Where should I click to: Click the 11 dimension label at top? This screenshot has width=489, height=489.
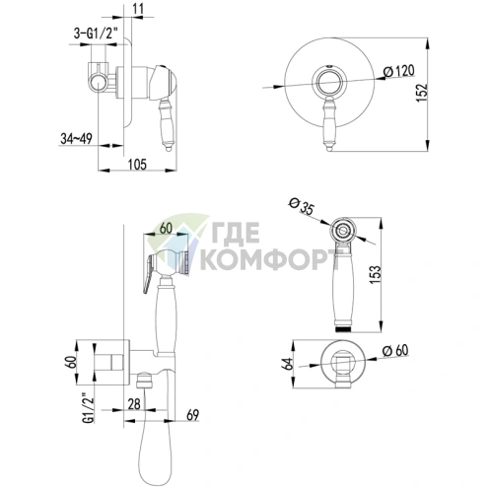click(139, 9)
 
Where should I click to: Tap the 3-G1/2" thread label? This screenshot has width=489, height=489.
click(95, 34)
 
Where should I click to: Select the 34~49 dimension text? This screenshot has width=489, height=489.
click(76, 139)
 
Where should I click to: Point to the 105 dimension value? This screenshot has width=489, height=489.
click(137, 164)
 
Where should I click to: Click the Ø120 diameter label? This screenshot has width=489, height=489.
click(399, 71)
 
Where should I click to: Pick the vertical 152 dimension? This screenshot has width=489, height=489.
click(422, 93)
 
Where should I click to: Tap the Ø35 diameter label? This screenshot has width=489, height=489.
click(301, 207)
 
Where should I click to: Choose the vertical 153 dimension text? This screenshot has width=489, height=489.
click(376, 275)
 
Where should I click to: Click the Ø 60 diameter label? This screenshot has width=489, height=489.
click(395, 350)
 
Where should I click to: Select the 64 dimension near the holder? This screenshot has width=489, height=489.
click(288, 364)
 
